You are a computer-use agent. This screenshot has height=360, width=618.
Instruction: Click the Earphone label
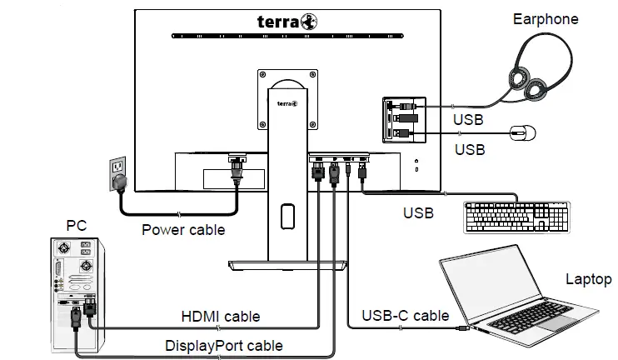tap(546, 19)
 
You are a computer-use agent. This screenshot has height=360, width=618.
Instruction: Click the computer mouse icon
tap(522, 132)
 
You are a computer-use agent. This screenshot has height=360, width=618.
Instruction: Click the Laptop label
tap(588, 279)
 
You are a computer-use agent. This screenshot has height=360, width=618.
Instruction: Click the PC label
tap(76, 225)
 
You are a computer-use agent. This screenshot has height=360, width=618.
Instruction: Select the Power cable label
tap(182, 229)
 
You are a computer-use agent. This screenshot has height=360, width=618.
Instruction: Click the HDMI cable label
tap(221, 317)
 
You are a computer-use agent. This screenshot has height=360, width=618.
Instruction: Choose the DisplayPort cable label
tap(223, 345)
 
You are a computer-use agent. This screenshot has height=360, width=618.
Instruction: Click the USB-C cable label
tap(406, 316)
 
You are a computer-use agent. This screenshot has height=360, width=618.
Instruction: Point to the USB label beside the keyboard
tap(419, 212)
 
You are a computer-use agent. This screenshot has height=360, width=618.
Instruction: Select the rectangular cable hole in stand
tap(287, 215)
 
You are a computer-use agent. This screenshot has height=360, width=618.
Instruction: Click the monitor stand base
tap(287, 264)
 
